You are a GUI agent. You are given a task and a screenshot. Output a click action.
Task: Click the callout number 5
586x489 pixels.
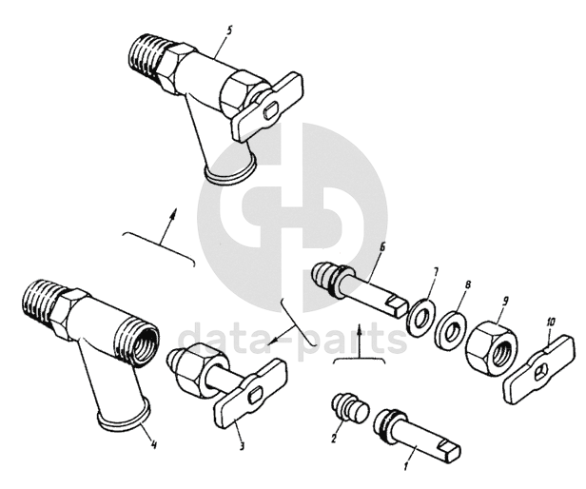(228, 29)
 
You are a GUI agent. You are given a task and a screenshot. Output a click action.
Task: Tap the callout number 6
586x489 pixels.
(381, 247)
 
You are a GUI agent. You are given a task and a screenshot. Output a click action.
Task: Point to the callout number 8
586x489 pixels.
(467, 284)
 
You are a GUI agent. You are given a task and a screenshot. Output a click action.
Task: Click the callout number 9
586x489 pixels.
(505, 302)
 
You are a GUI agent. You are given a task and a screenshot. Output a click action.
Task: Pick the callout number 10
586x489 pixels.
(551, 322)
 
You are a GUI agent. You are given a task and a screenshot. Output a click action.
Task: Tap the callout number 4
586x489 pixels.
(153, 444)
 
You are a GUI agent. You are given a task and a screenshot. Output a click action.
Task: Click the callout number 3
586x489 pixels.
(243, 445)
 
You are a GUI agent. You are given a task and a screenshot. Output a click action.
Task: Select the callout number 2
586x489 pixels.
(335, 437)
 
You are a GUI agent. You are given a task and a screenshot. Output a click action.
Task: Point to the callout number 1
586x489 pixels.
(405, 466)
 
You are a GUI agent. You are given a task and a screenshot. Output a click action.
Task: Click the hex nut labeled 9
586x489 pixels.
(493, 345)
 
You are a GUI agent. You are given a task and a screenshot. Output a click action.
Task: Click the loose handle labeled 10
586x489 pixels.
(538, 368)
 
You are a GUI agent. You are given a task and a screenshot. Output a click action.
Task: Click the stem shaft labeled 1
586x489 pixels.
(417, 435)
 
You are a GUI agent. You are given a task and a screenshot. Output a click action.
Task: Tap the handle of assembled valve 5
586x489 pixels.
(266, 108)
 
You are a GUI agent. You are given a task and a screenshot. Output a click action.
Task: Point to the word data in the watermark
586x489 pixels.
(223, 340)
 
